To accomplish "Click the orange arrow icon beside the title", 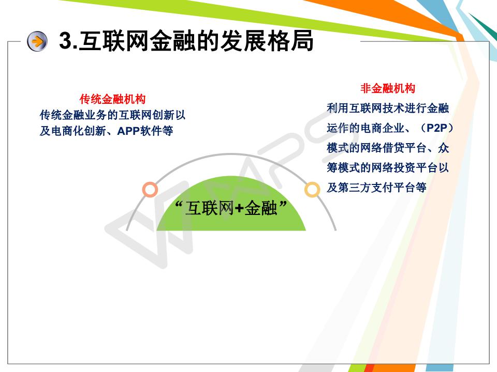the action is (x=37, y=41).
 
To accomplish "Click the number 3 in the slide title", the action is (x=66, y=40).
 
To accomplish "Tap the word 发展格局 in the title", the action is (x=267, y=41).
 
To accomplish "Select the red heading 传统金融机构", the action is (x=112, y=99).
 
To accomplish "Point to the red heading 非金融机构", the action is (x=388, y=88).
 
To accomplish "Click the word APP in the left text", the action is (x=128, y=131).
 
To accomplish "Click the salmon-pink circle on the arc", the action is (x=150, y=190).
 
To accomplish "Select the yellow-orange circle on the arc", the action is (x=312, y=190).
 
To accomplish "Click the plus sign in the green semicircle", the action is (x=240, y=208).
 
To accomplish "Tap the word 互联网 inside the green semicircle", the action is (x=210, y=208).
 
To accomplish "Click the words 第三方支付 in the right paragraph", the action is (x=366, y=188).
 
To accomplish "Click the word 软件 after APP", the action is (x=151, y=131).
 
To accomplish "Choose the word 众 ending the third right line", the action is (x=443, y=148).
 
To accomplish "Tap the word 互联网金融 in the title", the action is (x=137, y=41).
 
